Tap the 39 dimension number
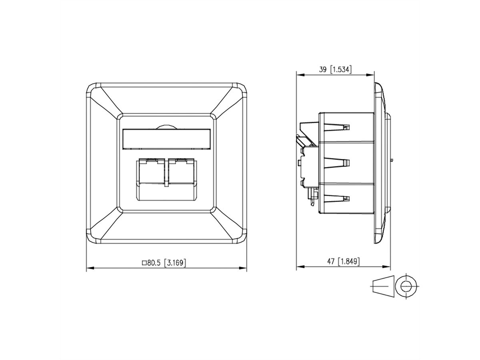pos(323,69)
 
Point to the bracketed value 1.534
pos(340,69)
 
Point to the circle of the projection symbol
pos(406,286)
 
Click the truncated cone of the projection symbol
pos(383,286)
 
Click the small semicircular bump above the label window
pos(166,126)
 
